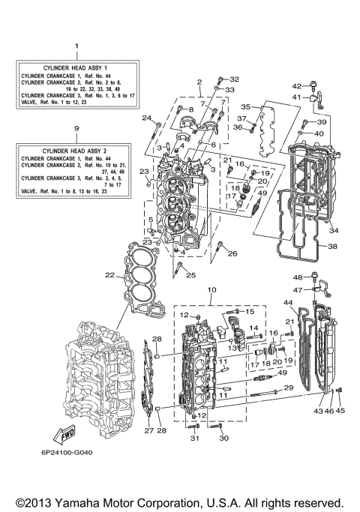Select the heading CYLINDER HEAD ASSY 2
tap(76, 151)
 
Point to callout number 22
tap(110, 277)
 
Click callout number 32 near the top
tap(234, 79)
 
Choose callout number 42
tap(296, 86)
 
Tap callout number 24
tap(147, 117)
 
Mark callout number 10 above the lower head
tap(211, 290)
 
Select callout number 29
tap(288, 388)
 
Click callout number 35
tap(245, 107)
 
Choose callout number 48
tap(297, 277)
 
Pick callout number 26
tap(232, 254)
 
